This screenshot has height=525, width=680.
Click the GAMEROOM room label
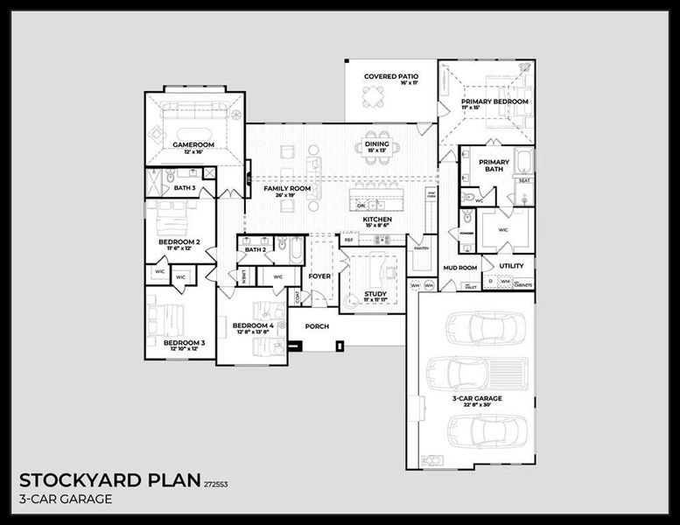coord(193,144)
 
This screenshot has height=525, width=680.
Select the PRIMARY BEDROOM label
coord(494,102)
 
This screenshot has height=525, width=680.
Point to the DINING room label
coord(377,144)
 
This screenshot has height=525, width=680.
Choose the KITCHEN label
coord(377,219)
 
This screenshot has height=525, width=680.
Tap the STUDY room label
coord(375,294)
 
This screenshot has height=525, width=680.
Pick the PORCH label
coord(317,325)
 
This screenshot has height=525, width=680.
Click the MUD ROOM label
coord(459,267)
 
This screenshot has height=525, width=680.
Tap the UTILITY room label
coord(512,266)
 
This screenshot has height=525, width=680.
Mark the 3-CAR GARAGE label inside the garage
coord(477,398)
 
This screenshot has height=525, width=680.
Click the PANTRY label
coord(421,248)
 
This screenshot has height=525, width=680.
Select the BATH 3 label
coord(185,188)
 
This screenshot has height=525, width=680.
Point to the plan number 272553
coord(216,483)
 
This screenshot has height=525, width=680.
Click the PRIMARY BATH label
coord(494,165)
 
